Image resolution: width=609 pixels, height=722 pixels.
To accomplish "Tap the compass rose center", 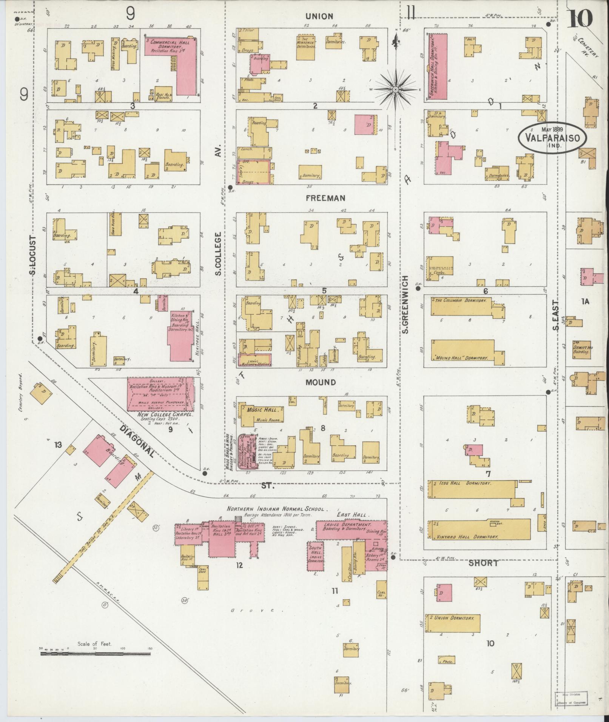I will tap(395, 89).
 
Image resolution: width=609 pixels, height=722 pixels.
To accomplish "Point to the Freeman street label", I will tap(321, 198).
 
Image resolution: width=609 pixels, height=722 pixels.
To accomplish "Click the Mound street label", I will tap(321, 382).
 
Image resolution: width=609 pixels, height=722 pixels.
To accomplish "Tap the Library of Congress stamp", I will tap(570, 699).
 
